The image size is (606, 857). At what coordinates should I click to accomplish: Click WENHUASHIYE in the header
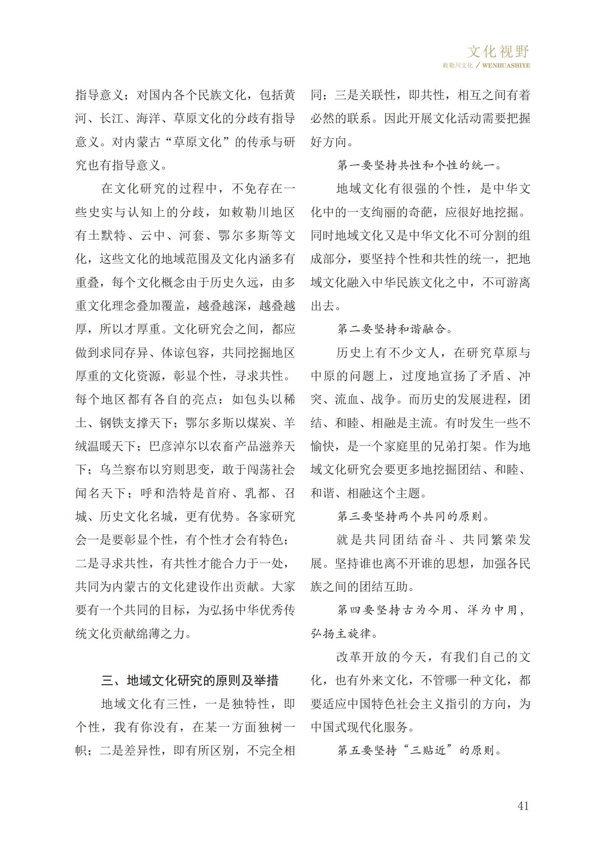tap(506, 65)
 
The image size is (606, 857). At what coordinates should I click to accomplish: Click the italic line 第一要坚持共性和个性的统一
tap(419, 165)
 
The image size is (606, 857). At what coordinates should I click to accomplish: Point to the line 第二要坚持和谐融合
tap(394, 329)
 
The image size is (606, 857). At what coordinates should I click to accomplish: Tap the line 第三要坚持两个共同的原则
tap(413, 516)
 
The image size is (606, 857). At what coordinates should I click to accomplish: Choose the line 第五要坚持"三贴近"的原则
tap(419, 750)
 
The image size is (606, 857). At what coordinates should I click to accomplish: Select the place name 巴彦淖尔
tap(173, 446)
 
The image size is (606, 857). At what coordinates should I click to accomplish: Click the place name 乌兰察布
tap(124, 469)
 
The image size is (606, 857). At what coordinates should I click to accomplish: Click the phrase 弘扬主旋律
tap(341, 633)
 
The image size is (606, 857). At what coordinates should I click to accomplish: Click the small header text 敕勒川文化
tap(457, 65)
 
